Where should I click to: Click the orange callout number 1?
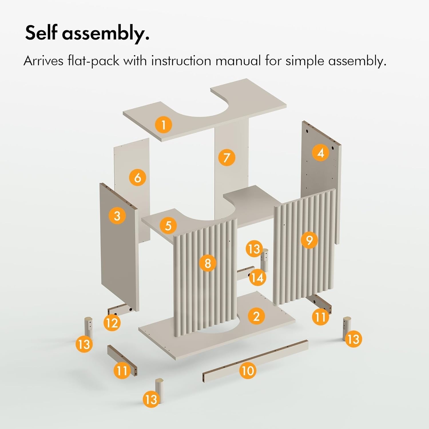pyautogui.click(x=163, y=125)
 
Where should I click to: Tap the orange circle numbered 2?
pyautogui.click(x=256, y=316)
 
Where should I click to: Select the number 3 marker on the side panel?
pyautogui.click(x=117, y=215)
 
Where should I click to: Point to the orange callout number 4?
pyautogui.click(x=321, y=153)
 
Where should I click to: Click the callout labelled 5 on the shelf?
pyautogui.click(x=168, y=225)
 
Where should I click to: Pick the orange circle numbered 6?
pyautogui.click(x=138, y=178)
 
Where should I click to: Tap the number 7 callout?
pyautogui.click(x=227, y=158)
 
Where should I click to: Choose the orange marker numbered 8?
pyautogui.click(x=208, y=263)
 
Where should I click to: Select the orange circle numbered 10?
pyautogui.click(x=248, y=371)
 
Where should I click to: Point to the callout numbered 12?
pyautogui.click(x=112, y=323)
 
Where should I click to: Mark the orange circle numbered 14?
pyautogui.click(x=257, y=277)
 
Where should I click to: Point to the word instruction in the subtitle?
pyautogui.click(x=181, y=61)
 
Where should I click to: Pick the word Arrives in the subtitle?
pyautogui.click(x=43, y=61)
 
